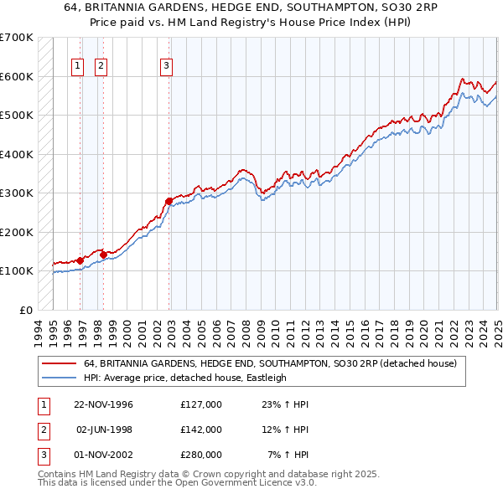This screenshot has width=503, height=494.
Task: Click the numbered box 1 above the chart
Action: coord(77,66)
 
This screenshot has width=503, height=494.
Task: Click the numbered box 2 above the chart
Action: coord(100,66)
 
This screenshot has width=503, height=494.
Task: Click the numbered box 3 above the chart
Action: coord(166,66)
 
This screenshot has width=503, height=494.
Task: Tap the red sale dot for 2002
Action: coord(169,201)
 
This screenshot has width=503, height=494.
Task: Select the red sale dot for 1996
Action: coord(80,260)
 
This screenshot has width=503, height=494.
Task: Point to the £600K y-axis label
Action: coord(16,76)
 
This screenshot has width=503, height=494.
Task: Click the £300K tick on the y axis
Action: coord(16,193)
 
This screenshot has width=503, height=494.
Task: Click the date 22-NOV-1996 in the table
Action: coord(103,404)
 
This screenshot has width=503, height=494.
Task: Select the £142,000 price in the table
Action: coord(201,430)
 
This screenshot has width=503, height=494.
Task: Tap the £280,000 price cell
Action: coord(201,455)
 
